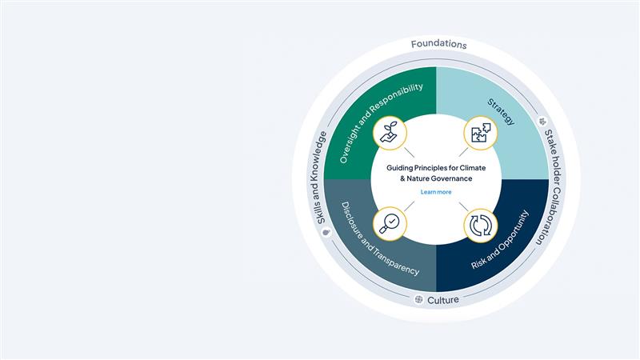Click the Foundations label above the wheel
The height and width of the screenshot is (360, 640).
coord(438,44)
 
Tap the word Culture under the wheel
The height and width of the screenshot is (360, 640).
coord(443,300)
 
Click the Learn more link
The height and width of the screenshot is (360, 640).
coord(435,192)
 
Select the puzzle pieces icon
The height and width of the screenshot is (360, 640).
coord(482,134)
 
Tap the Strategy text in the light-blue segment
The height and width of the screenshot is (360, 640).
coord(502,113)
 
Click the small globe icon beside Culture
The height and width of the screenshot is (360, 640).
coord(418,300)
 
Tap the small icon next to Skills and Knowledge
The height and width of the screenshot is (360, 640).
coord(326,232)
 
